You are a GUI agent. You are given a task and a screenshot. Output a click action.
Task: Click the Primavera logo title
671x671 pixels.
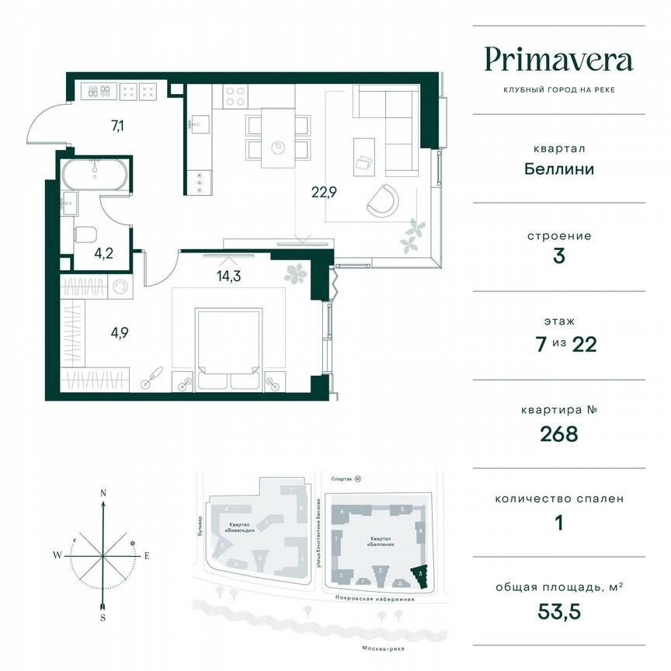pos(558,60)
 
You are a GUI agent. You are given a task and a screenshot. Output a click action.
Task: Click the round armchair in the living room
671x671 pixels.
pos(383,200)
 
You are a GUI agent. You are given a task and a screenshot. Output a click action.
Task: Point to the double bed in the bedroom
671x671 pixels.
pos(229,349)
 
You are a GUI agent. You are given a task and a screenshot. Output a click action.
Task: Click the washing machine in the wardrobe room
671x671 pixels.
pos(121,287)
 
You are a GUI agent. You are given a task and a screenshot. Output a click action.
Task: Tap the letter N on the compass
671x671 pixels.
pos(103,493)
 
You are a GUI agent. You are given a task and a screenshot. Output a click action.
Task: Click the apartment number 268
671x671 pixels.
pos(558,433)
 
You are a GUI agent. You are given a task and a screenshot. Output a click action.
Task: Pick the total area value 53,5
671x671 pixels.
pos(558,611)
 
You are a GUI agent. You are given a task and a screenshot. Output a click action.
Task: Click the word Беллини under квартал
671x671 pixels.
pos(558,168)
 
